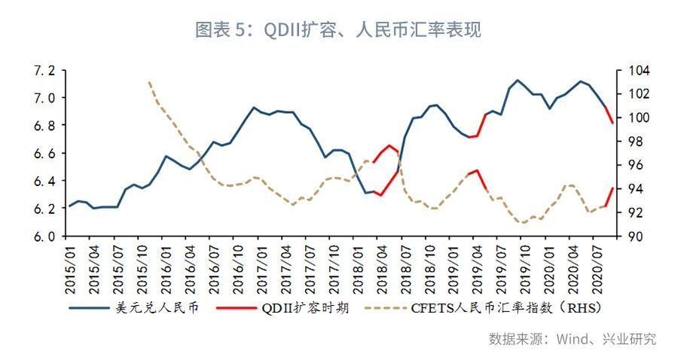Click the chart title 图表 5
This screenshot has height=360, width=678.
(337, 29)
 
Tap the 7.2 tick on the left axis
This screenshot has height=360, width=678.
(45, 71)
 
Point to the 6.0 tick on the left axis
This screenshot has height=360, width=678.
(45, 236)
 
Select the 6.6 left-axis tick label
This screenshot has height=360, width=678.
(45, 154)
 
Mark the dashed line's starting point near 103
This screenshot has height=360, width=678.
(150, 82)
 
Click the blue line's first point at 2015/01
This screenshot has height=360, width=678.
(70, 206)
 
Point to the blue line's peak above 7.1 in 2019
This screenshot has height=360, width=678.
(518, 80)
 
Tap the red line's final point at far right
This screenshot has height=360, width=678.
(612, 123)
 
